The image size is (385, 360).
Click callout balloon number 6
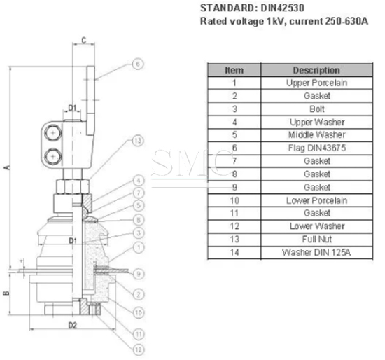coord(138,64)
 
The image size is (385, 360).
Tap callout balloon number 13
coord(138,141)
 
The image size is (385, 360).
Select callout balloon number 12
coord(139,349)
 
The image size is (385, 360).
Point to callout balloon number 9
coord(139,274)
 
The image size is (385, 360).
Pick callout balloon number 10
coord(139,313)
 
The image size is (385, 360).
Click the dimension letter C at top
coord(84,40)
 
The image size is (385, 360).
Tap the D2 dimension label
coord(72,326)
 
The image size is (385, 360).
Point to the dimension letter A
coord(8,167)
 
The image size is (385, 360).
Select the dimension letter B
coord(6,293)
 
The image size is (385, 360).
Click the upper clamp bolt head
coord(52,133)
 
